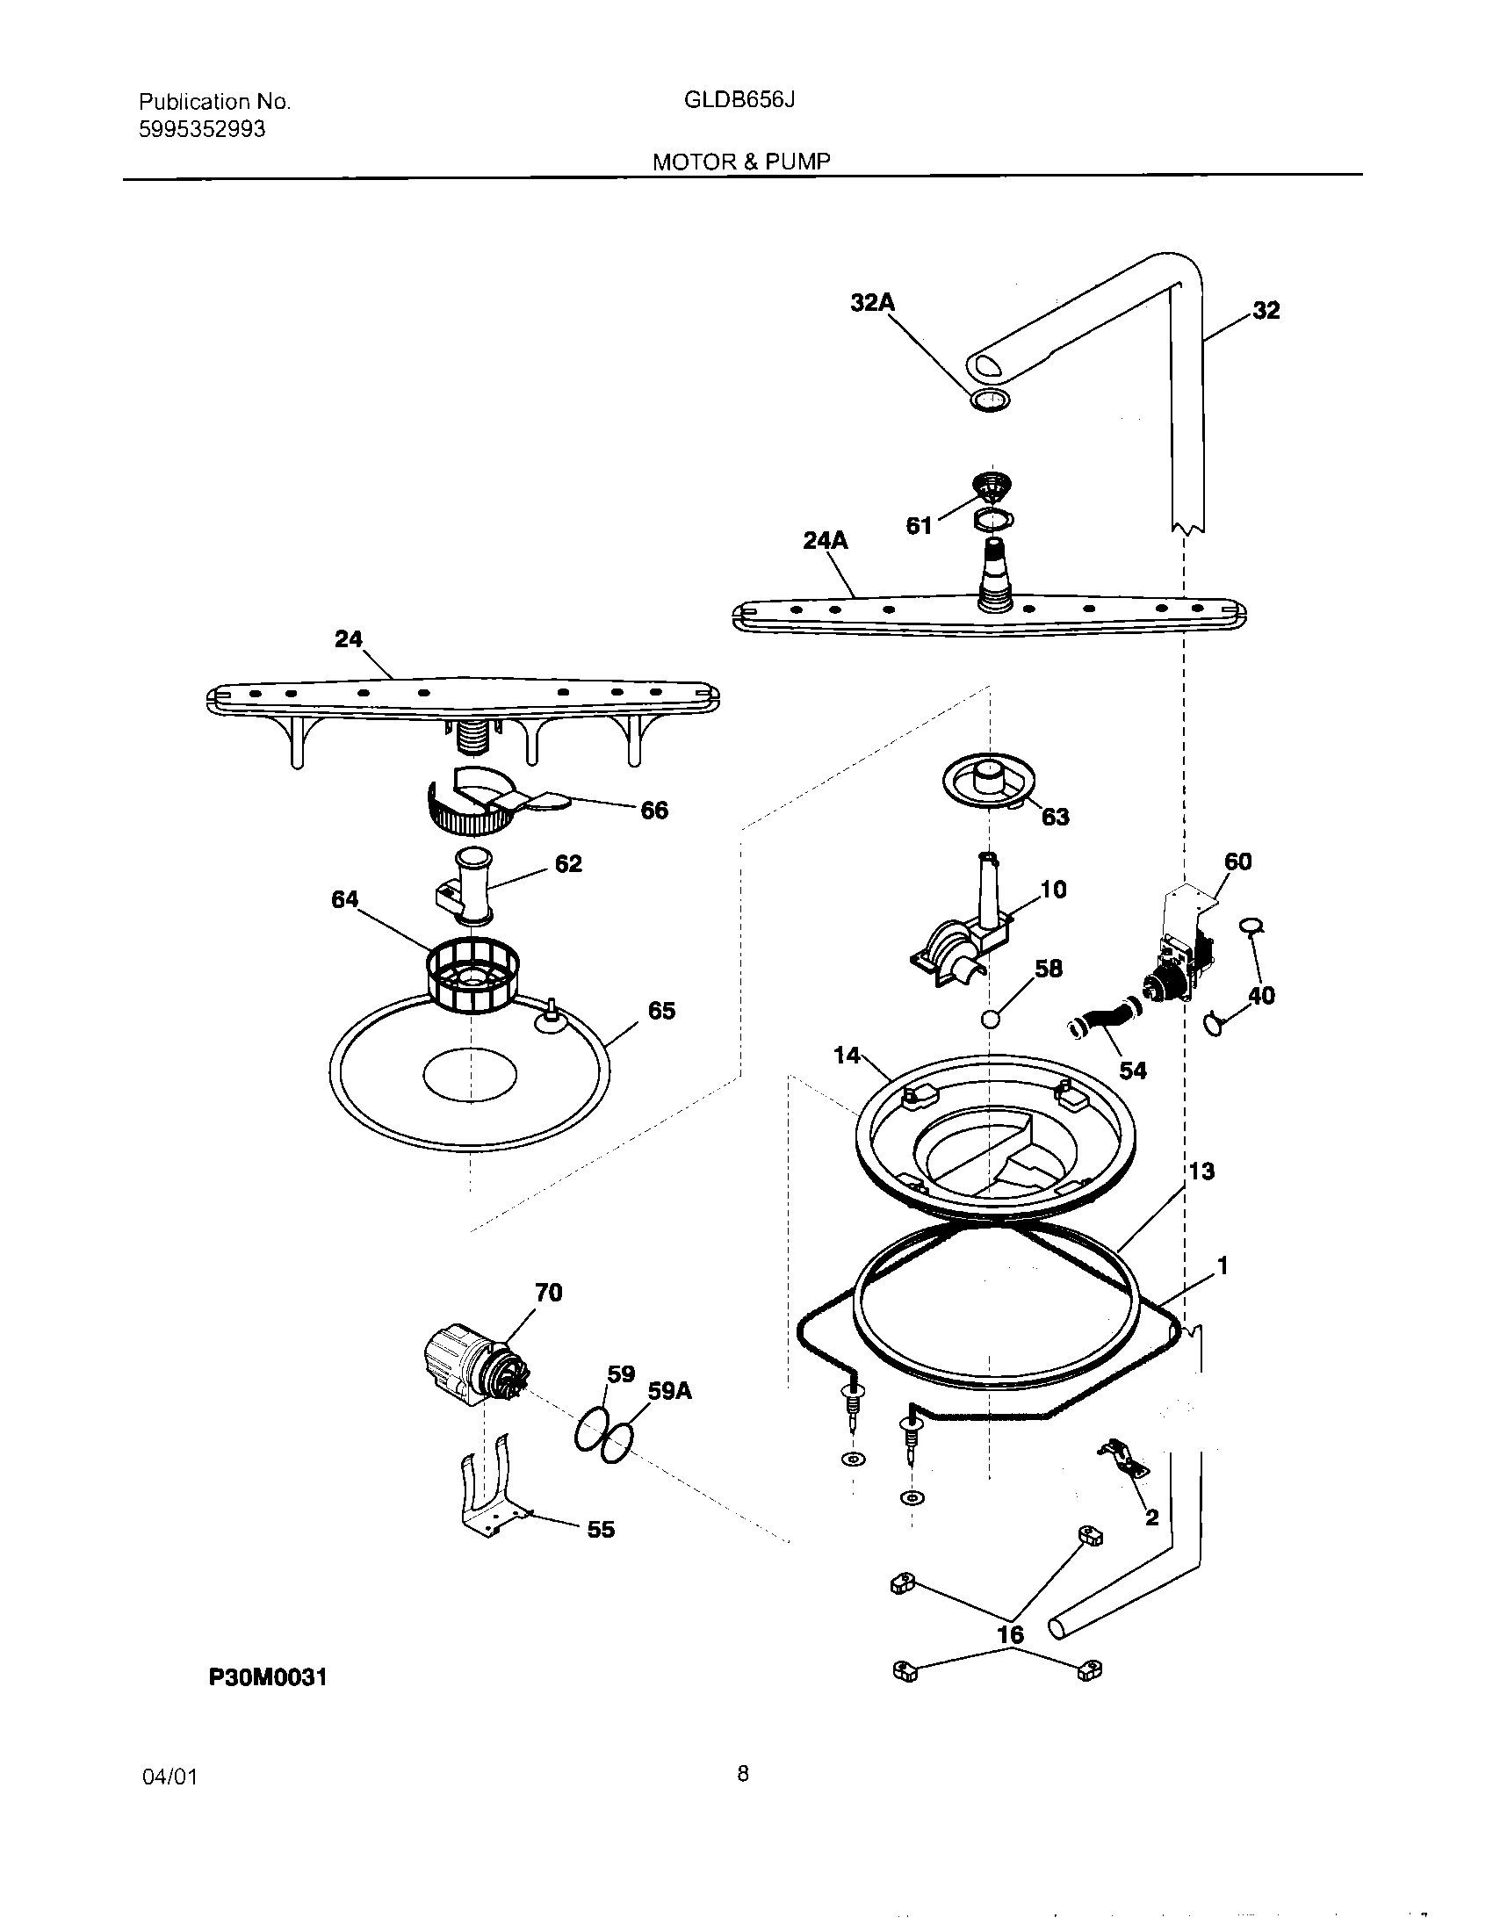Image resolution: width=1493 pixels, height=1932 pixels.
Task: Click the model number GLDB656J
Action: [x=739, y=100]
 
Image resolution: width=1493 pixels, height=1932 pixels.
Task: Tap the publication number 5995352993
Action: [x=202, y=130]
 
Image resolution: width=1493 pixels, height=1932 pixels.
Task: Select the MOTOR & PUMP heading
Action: [x=741, y=162]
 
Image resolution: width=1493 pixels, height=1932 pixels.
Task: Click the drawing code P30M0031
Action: [x=268, y=1676]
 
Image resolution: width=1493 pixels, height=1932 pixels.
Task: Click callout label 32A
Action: [x=872, y=304]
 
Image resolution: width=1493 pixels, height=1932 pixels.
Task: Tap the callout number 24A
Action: [x=825, y=539]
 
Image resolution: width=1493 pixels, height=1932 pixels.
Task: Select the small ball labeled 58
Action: [x=991, y=1019]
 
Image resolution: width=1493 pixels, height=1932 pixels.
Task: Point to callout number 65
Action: [x=660, y=1010]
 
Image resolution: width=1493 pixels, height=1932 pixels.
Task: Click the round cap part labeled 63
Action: [x=989, y=780]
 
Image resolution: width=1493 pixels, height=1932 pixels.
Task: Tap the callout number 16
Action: [x=1010, y=1635]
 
